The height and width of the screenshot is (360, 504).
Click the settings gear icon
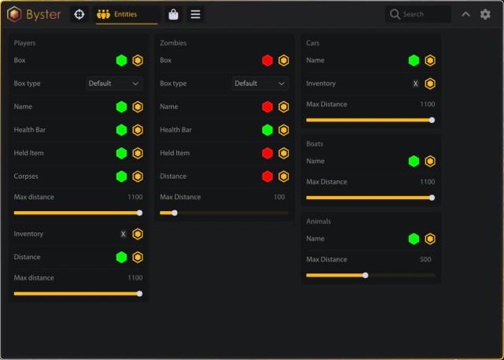[x=485, y=14]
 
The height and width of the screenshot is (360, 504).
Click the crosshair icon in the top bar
[x=78, y=14]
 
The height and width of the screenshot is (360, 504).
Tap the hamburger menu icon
[x=195, y=14]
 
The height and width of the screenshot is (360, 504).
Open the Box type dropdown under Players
[x=114, y=84]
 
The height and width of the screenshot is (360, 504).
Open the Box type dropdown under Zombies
[x=260, y=84]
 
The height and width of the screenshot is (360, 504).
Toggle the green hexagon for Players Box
[x=121, y=61]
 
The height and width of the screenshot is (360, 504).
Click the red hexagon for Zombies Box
[x=268, y=61]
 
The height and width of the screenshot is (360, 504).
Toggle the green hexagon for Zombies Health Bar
[x=268, y=130]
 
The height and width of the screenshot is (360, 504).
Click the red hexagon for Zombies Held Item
[x=268, y=153]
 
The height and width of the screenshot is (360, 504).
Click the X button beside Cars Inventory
[x=415, y=84]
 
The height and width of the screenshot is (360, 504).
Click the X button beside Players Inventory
[x=123, y=234]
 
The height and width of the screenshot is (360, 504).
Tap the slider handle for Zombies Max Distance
[x=174, y=213]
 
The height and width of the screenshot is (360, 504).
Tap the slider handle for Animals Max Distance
[x=365, y=275]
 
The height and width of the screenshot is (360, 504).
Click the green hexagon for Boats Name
[x=413, y=161]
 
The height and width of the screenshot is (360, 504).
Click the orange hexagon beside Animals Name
[x=430, y=239]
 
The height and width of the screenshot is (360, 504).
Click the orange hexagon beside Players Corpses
[x=138, y=176]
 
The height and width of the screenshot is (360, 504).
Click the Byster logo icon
[x=13, y=14]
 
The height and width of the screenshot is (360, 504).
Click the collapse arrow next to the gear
[x=465, y=14]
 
